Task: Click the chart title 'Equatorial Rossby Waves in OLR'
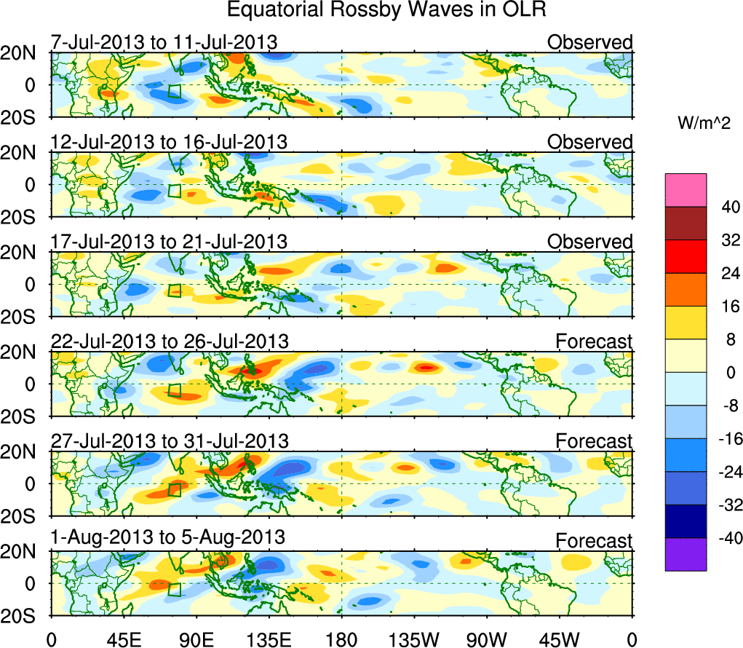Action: pos(386,10)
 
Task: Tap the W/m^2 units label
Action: pos(704,125)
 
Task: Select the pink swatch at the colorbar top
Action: pos(685,190)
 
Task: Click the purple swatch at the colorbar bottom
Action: pos(685,554)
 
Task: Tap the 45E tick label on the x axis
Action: pos(123,639)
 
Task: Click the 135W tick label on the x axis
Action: pos(414,639)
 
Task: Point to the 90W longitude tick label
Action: pos(487,639)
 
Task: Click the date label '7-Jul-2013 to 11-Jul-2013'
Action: pos(164,42)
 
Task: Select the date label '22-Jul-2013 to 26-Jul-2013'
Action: pos(170,341)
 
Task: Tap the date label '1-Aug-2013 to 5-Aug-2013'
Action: pos(167,537)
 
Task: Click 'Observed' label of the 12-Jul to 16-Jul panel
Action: pos(590,142)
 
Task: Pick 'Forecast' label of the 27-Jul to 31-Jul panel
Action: pos(594,441)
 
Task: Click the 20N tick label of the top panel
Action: pos(24,52)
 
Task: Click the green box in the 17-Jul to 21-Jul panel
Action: pos(175,291)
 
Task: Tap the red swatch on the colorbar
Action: pos(685,256)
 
